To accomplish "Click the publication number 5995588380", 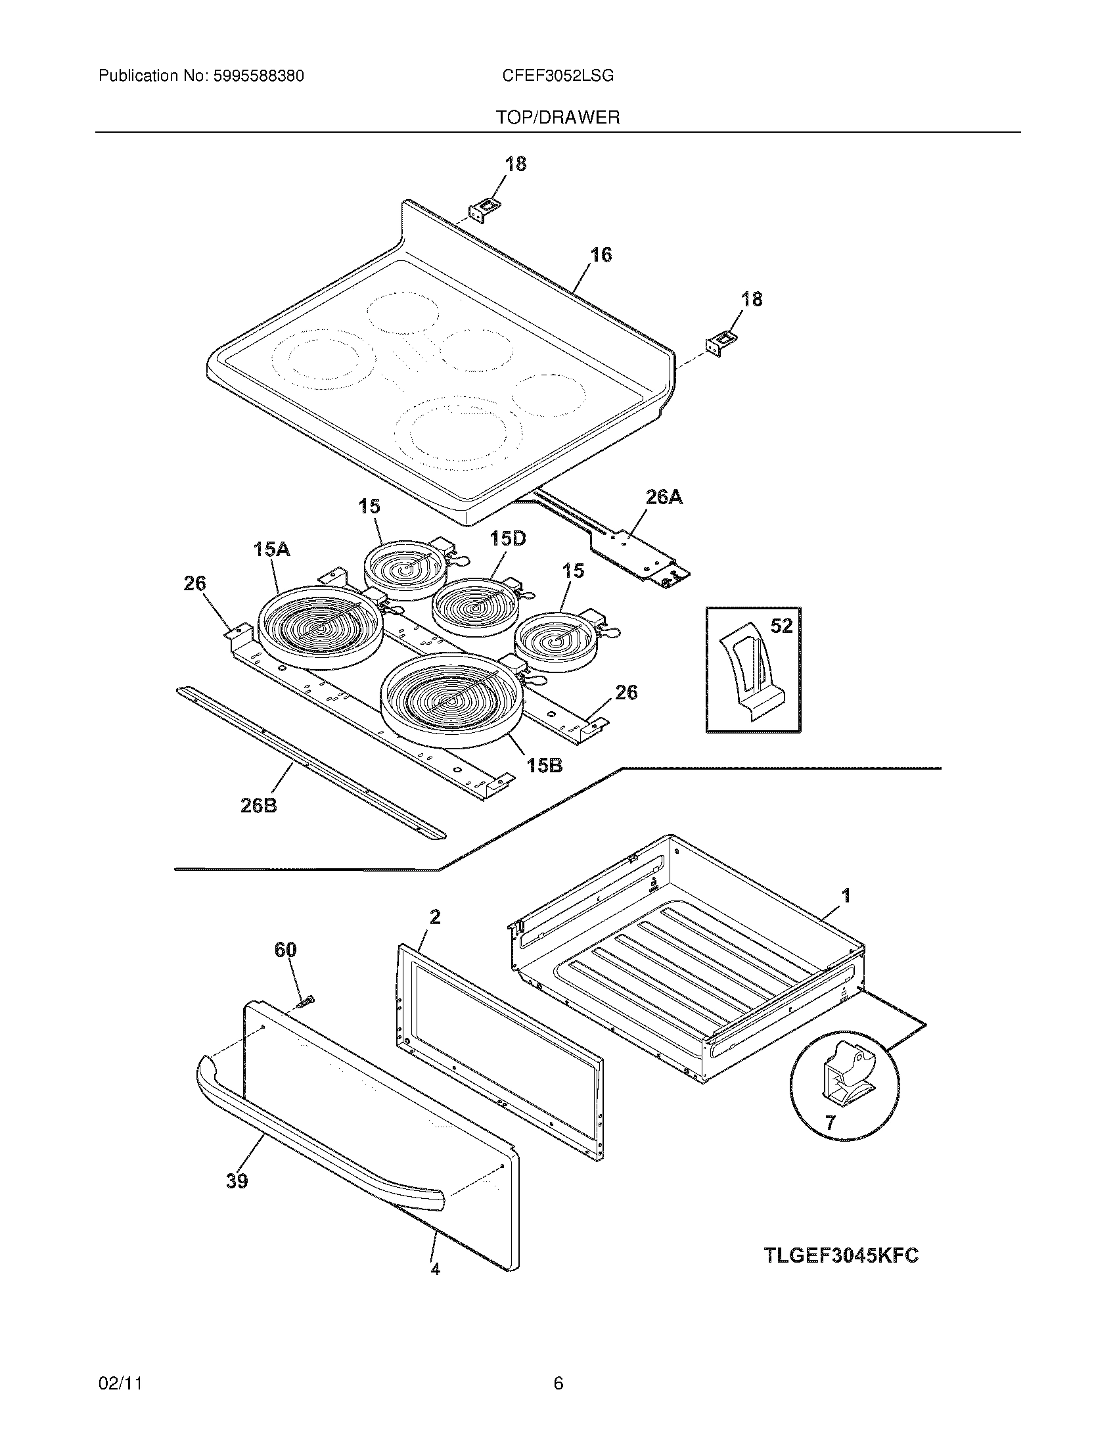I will point(258,76).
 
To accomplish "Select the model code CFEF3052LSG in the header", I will point(557,76).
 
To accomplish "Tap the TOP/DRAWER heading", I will point(558,118).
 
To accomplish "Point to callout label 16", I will point(600,255).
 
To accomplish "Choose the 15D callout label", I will point(507,538).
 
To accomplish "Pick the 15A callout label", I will point(271,549).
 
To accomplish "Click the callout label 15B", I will point(544,765).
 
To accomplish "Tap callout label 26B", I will point(258,806).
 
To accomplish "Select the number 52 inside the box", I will point(781,626).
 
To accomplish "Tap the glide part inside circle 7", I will point(844,1077).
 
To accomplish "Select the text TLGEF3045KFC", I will point(841,1255).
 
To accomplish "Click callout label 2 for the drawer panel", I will point(435,917).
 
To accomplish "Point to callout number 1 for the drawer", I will point(845,896).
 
